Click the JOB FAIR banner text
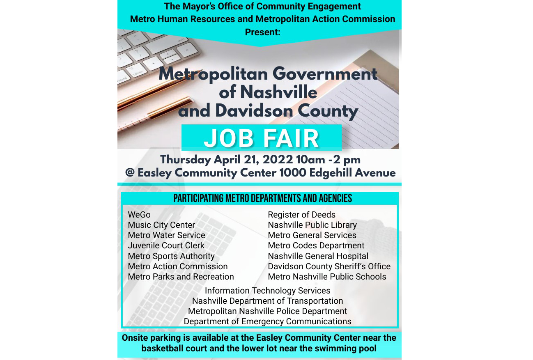click(262, 138)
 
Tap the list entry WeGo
click(139, 215)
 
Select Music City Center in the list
click(161, 225)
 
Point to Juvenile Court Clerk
click(166, 245)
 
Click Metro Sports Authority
click(171, 256)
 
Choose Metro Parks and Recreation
click(181, 277)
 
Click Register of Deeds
click(301, 215)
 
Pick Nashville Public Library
click(312, 225)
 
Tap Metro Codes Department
click(316, 245)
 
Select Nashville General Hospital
click(318, 256)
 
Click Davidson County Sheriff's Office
click(329, 266)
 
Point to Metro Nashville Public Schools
click(327, 277)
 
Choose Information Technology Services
click(267, 291)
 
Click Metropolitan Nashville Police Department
click(267, 311)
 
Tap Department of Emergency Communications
click(267, 321)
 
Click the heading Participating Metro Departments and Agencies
click(262, 199)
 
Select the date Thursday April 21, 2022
click(226, 160)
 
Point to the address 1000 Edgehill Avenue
click(337, 173)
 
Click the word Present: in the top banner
click(262, 32)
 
